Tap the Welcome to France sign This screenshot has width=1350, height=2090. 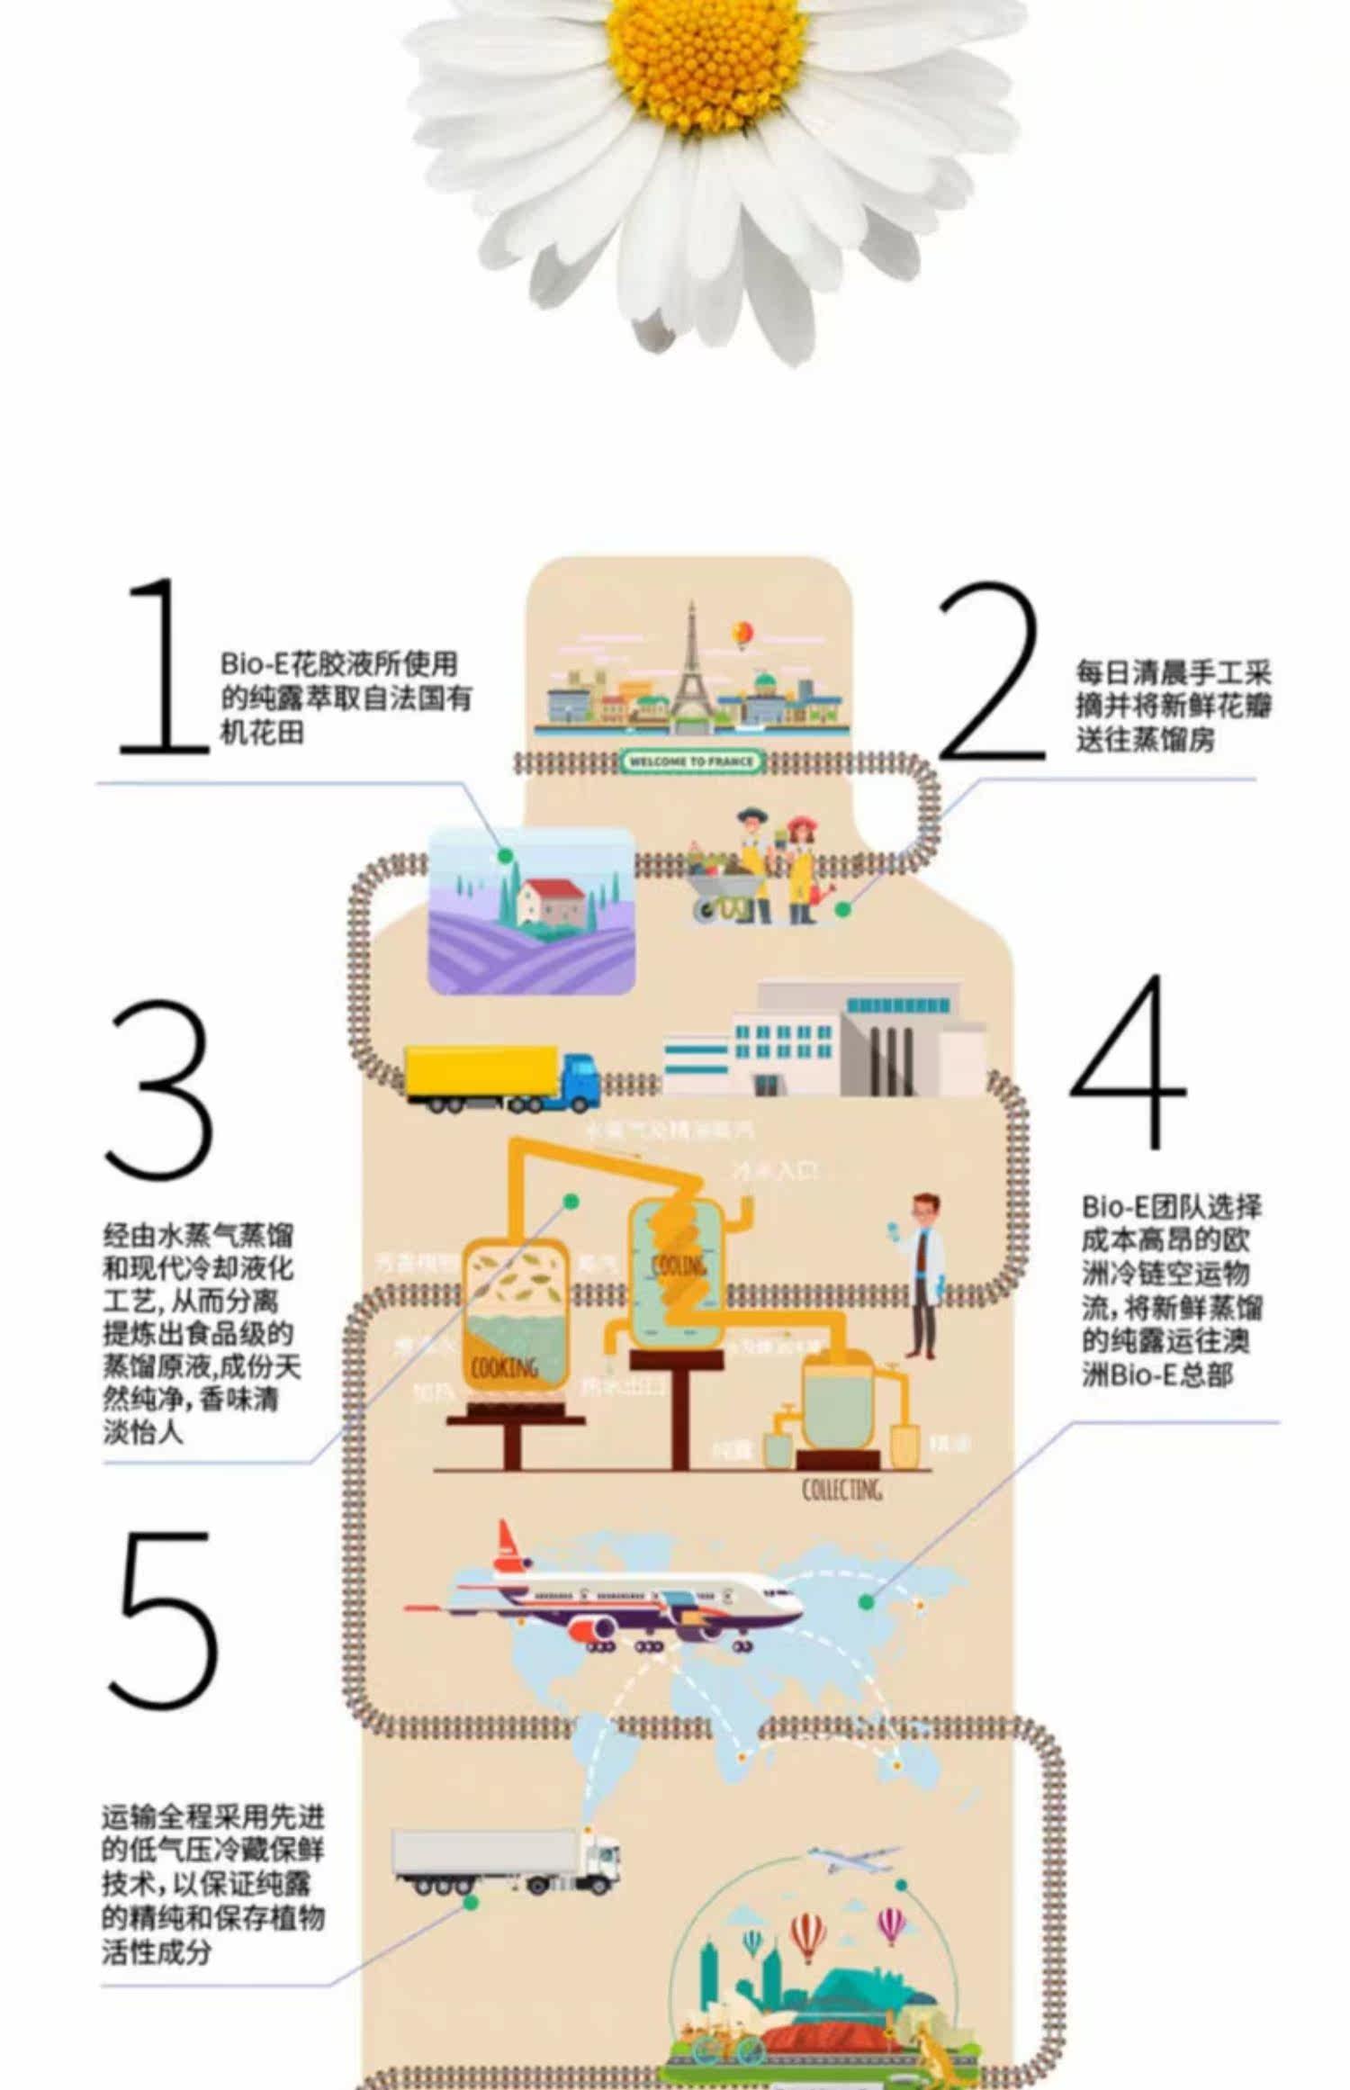click(x=690, y=762)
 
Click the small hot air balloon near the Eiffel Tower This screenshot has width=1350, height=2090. click(x=743, y=634)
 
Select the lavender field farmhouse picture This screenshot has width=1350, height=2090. click(x=531, y=909)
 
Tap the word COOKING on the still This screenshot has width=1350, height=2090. click(x=504, y=1367)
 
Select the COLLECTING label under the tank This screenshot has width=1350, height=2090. click(x=841, y=1490)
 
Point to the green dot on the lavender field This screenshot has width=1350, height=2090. click(x=505, y=854)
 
